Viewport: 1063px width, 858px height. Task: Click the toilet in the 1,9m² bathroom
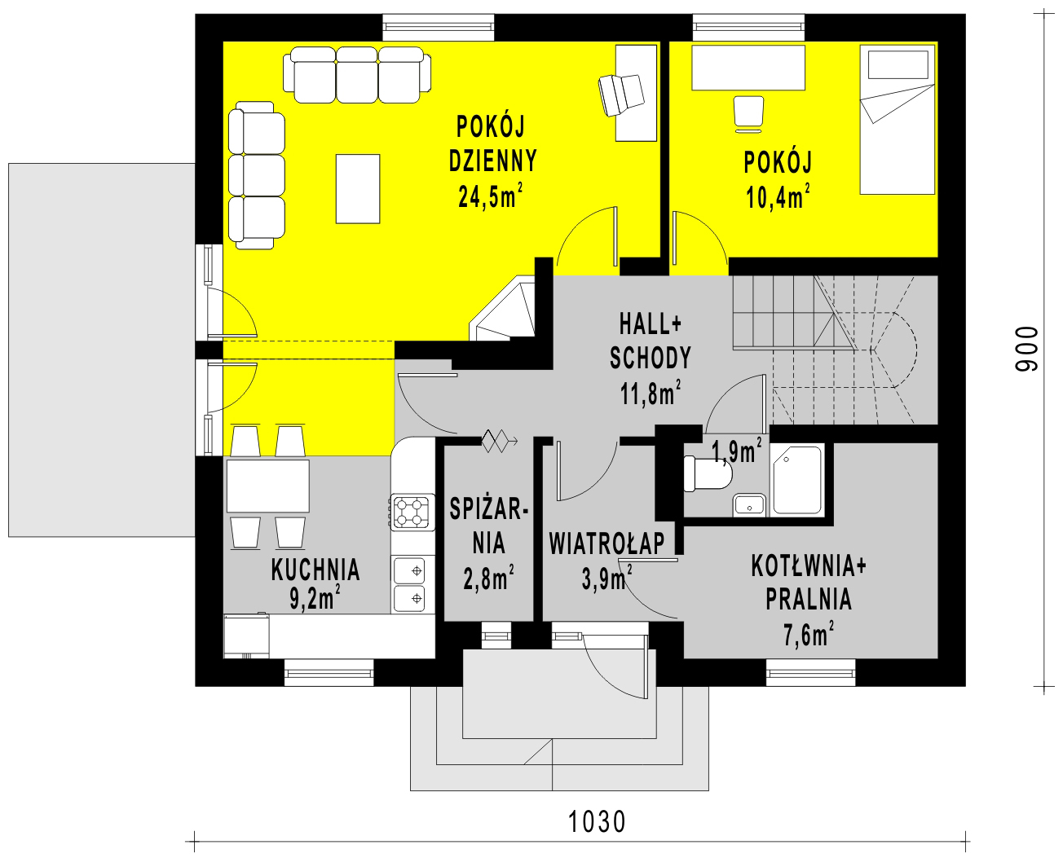point(707,473)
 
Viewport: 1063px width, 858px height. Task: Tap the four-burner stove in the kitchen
point(411,512)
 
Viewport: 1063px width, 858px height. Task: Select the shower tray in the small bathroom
point(796,480)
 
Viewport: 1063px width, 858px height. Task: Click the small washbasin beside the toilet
point(748,505)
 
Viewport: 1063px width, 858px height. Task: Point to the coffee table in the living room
point(358,188)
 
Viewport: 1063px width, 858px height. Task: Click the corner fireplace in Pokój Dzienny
point(502,308)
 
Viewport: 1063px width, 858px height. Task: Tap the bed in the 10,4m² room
point(897,120)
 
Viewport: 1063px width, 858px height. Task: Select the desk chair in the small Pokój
point(748,114)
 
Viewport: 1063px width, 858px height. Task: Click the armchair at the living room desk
point(621,95)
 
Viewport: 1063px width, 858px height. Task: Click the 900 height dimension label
point(1026,350)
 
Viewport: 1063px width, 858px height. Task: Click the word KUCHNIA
point(315,570)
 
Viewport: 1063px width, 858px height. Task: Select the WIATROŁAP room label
point(606,543)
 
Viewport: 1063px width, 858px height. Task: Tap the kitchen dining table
point(268,486)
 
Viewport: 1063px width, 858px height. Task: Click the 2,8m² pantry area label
point(488,579)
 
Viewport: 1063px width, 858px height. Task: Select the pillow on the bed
point(898,65)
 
